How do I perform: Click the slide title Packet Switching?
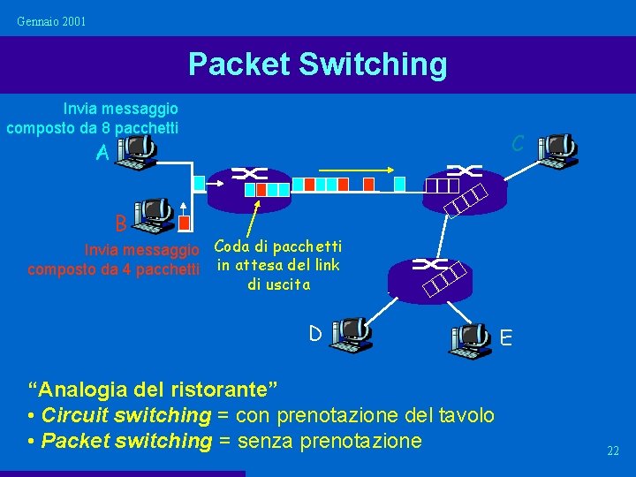(x=317, y=64)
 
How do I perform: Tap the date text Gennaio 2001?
(x=52, y=20)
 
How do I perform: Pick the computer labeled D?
(x=353, y=334)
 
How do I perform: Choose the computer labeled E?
(x=470, y=339)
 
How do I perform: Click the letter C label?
(x=519, y=143)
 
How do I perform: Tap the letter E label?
(x=506, y=337)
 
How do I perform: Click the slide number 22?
(x=613, y=451)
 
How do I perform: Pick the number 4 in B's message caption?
(x=123, y=269)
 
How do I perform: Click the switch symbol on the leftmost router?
(x=249, y=174)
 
